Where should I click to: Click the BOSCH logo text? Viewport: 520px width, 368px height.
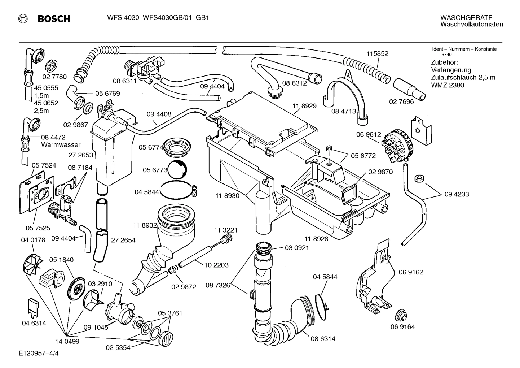point(53,19)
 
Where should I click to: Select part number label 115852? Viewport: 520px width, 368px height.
point(377,53)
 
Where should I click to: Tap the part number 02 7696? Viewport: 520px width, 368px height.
point(401,102)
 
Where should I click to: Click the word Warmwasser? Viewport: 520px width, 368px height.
point(61,145)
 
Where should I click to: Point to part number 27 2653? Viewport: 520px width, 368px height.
point(81,155)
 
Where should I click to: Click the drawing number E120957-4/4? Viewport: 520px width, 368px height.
point(39,353)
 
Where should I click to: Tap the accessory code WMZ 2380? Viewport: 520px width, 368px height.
point(448,86)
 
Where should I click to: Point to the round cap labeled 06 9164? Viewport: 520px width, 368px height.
point(400,315)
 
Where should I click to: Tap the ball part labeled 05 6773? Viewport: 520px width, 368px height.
point(177,170)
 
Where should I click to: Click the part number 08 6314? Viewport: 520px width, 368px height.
point(323,339)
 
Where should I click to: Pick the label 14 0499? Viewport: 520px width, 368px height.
point(67,341)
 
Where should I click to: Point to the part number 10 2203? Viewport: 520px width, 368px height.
point(216,265)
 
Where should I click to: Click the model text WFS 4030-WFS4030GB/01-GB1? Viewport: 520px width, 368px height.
point(158,18)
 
